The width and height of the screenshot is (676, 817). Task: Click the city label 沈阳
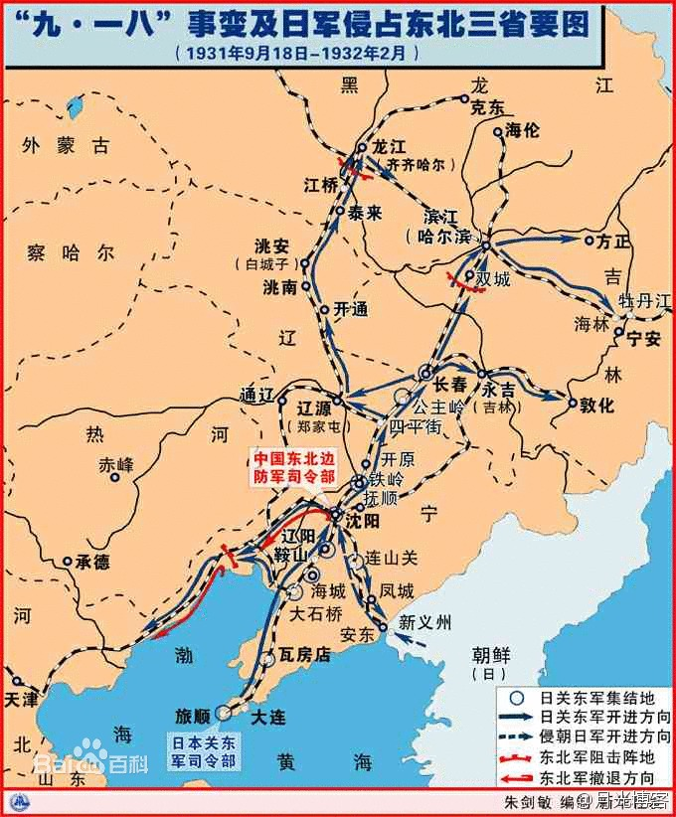pos(364,519)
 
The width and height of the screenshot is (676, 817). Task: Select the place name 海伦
pos(524,129)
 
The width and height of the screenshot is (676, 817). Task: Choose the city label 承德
pos(92,562)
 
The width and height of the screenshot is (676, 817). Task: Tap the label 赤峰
pos(116,464)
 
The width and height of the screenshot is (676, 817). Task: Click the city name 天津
pos(22,699)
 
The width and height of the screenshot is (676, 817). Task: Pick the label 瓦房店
pos(303,658)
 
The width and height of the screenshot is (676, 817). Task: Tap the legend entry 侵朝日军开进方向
pos(602,736)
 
